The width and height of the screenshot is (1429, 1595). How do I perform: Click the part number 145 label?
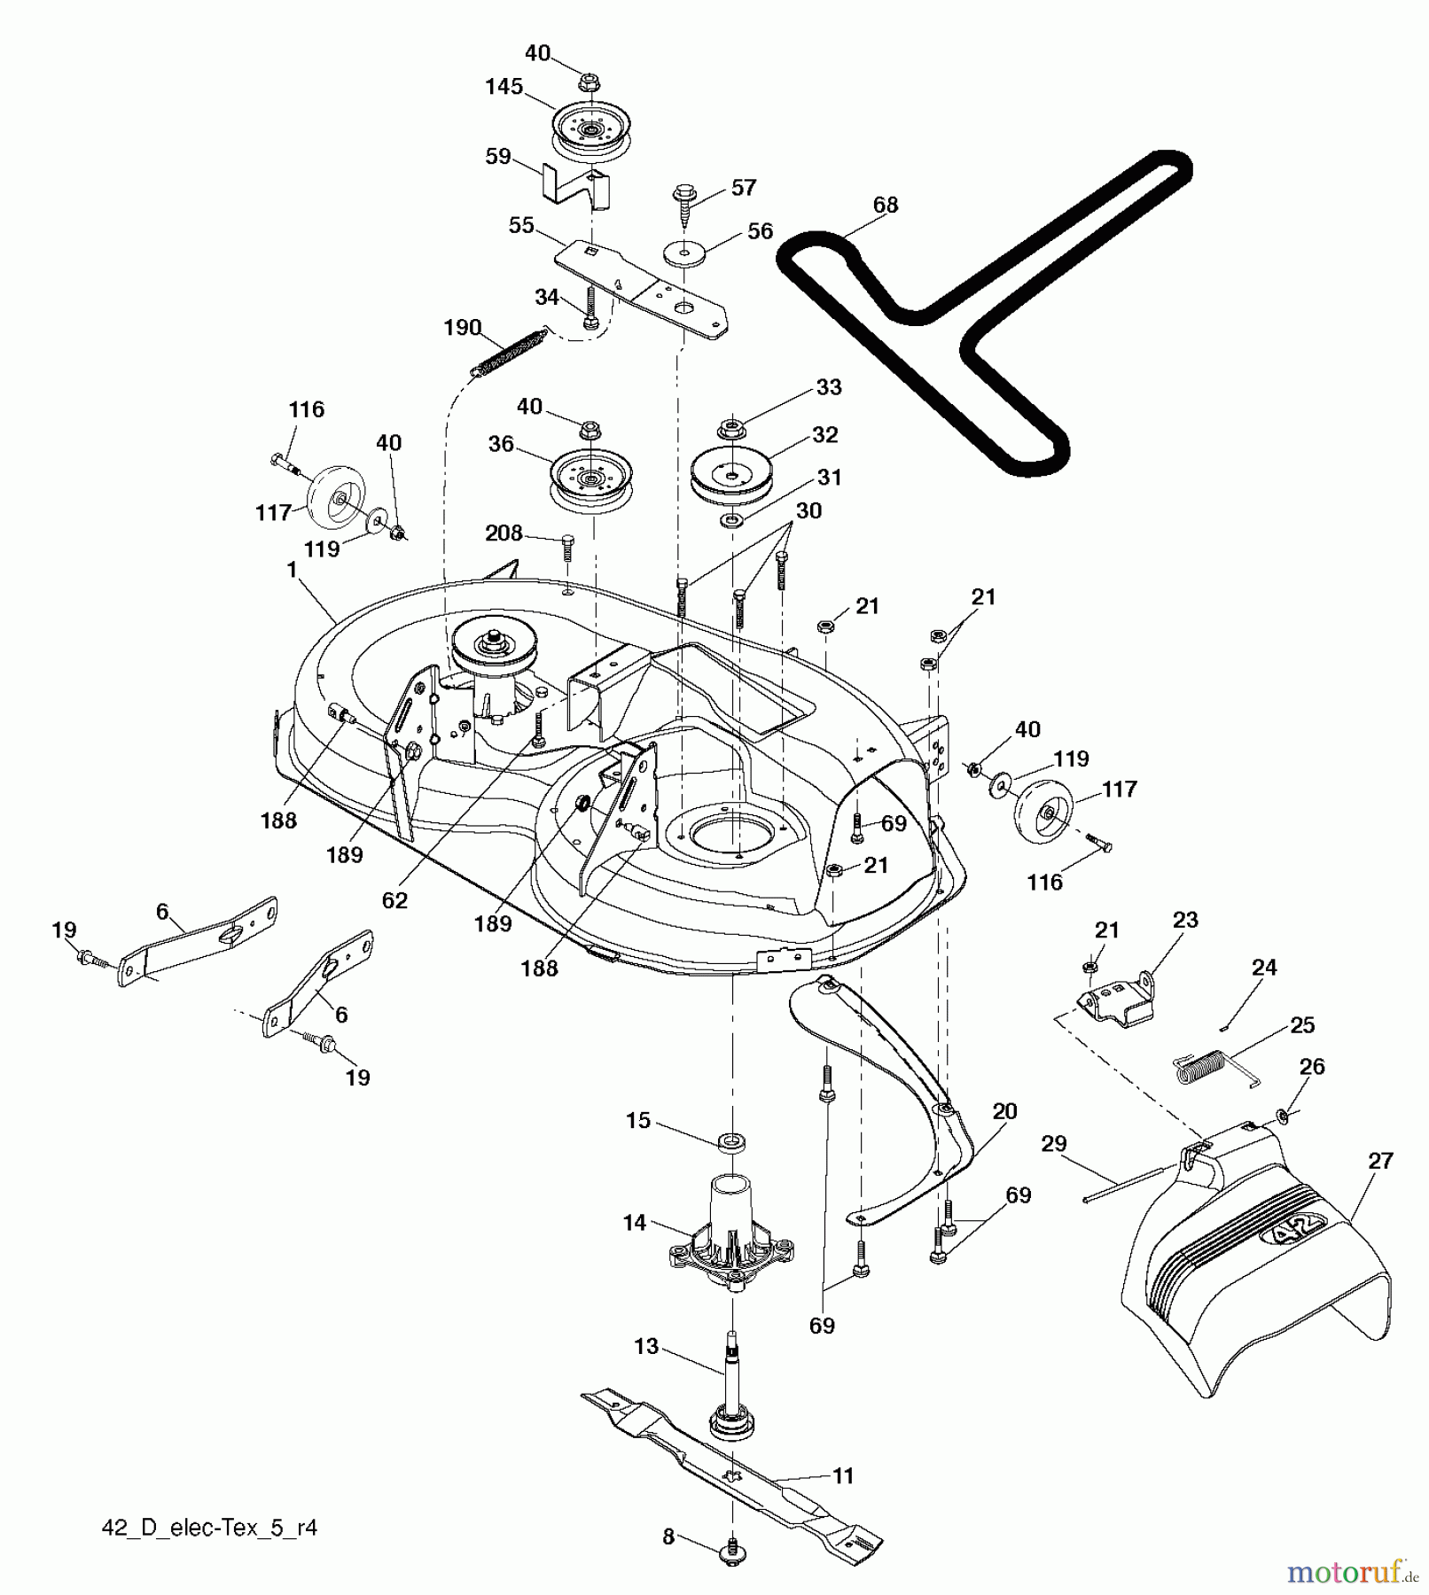[504, 87]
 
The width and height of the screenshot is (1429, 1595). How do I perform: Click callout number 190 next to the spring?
[461, 329]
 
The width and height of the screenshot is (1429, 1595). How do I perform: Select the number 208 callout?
[504, 533]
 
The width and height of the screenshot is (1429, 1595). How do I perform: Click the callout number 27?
[1380, 1160]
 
